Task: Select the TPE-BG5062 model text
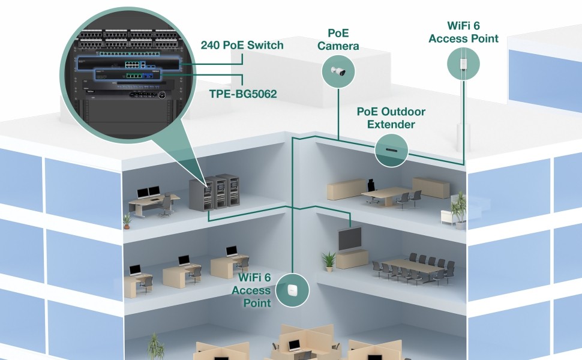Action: pos(242,94)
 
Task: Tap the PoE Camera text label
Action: pos(343,39)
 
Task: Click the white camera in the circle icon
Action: pos(336,71)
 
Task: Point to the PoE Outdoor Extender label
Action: pos(391,118)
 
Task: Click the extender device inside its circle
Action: pos(392,149)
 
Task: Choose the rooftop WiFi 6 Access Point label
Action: pos(473,32)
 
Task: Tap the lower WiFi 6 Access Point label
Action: pos(255,290)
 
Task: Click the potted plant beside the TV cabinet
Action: pos(328,261)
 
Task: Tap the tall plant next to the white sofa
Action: pos(459,208)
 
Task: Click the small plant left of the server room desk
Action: pos(127,221)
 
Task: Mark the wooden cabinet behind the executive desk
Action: pos(430,187)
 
